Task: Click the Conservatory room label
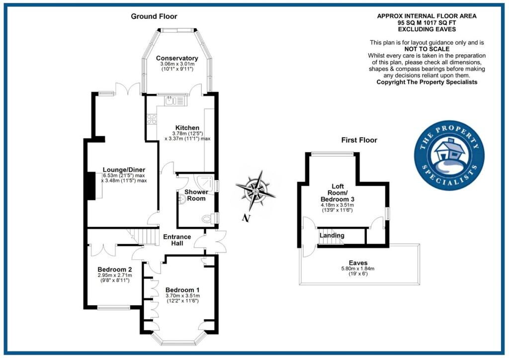coord(176,58)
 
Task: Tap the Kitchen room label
coord(187,128)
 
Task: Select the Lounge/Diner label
coord(124,170)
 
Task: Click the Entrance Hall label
coord(177,240)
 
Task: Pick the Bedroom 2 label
coord(114,270)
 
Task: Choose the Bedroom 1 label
coord(182,289)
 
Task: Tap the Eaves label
coord(358,263)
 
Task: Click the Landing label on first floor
coord(332,235)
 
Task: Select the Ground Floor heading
coord(151,16)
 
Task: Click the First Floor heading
coord(359,140)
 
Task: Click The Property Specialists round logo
coord(449,155)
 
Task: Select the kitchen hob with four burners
coord(152,119)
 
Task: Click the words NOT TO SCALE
coord(427,49)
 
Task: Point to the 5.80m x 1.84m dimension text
coord(358,269)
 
